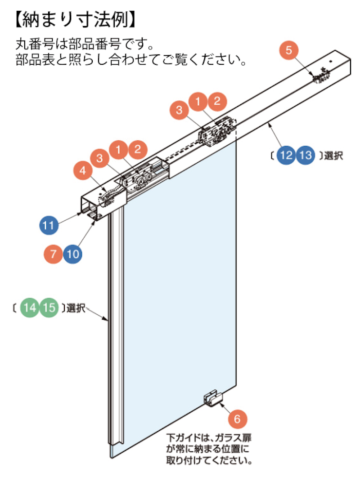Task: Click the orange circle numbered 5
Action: pos(289,50)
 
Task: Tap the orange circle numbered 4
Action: pos(82,171)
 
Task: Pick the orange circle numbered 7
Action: pos(53,254)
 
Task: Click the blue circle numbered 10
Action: pos(72,254)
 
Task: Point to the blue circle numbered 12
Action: pos(286,156)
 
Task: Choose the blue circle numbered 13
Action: pos(306,156)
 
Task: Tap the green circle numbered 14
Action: pos(30,308)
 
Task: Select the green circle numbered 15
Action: pos(49,308)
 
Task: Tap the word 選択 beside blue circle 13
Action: pos(333,156)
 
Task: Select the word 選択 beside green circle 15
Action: pos(77,308)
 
